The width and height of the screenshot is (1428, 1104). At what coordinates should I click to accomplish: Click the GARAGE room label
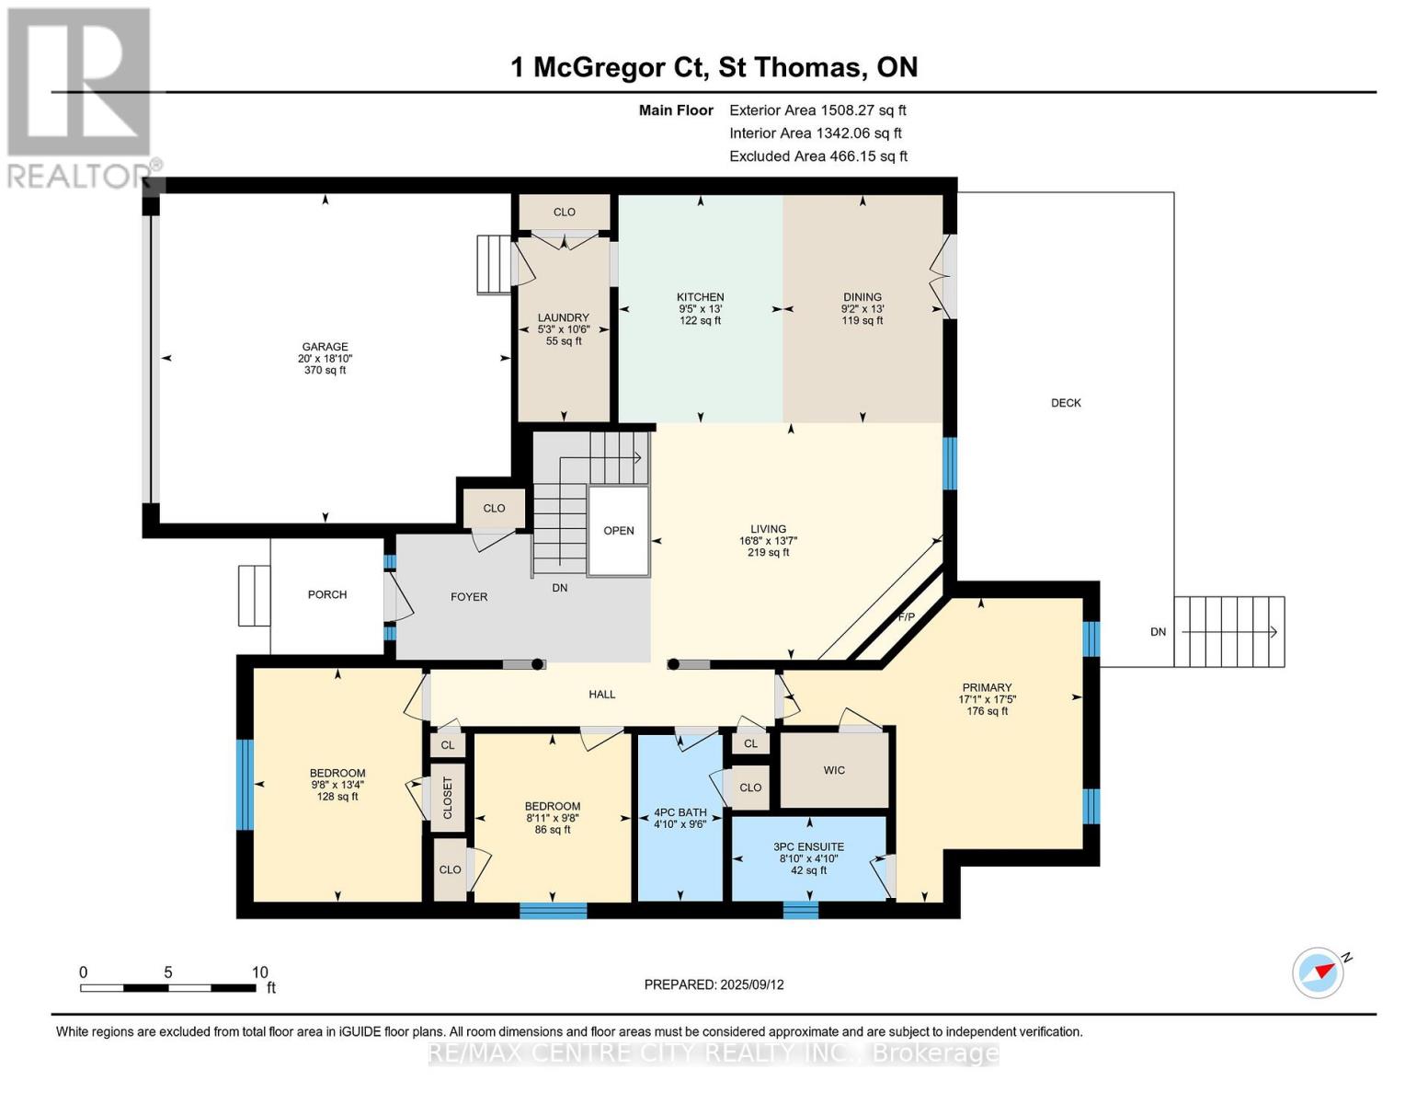point(325,348)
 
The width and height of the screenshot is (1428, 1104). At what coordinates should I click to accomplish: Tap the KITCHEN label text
point(700,297)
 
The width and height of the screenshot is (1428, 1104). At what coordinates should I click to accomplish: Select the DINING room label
point(862,297)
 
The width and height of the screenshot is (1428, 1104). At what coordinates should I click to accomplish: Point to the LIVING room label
point(768,529)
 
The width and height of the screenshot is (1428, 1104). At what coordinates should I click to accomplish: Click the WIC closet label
point(834,770)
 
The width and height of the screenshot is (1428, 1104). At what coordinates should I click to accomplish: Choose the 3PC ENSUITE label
point(808,847)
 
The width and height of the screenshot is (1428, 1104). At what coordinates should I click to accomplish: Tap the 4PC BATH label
point(680,812)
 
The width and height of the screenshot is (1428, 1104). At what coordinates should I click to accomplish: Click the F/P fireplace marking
point(906,616)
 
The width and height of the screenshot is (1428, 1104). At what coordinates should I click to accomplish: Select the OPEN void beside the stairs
point(619,531)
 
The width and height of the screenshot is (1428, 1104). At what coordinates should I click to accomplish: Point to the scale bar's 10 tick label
point(260,972)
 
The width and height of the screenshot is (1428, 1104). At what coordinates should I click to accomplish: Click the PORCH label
point(327,595)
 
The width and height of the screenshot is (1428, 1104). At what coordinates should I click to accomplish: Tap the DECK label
point(1066,403)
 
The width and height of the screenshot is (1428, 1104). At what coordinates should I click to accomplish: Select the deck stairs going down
point(1229,632)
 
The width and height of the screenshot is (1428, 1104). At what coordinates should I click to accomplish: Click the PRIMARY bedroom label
point(987,687)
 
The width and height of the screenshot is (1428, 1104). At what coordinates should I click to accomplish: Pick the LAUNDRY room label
point(563,317)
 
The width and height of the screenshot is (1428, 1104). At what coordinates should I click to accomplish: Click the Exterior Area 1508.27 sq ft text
point(817,110)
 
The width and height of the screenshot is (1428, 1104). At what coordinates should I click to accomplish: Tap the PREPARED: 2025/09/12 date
point(714,984)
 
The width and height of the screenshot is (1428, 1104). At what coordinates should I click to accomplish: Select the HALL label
point(602,695)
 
